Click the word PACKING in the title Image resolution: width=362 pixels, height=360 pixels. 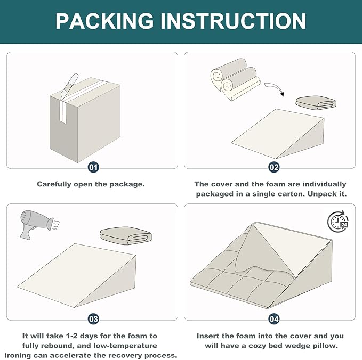pyautogui.click(x=104, y=21)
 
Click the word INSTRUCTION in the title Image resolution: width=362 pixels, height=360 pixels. pyautogui.click(x=233, y=21)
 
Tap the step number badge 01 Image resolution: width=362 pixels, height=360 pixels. pyautogui.click(x=93, y=167)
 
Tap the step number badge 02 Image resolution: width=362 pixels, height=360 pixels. pyautogui.click(x=274, y=167)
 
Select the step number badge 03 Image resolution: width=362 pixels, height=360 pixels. pyautogui.click(x=93, y=319)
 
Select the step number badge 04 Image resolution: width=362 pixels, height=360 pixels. pyautogui.click(x=274, y=319)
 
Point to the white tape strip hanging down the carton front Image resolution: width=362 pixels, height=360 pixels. pyautogui.click(x=63, y=111)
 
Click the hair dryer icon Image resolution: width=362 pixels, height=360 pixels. pyautogui.click(x=37, y=224)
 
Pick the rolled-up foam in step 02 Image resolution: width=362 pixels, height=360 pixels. pyautogui.click(x=236, y=79)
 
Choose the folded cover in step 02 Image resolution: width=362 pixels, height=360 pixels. pyautogui.click(x=316, y=103)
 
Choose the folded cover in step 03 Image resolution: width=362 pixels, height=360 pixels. pyautogui.click(x=126, y=235)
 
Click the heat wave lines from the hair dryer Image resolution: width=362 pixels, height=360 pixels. pyautogui.click(x=56, y=225)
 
